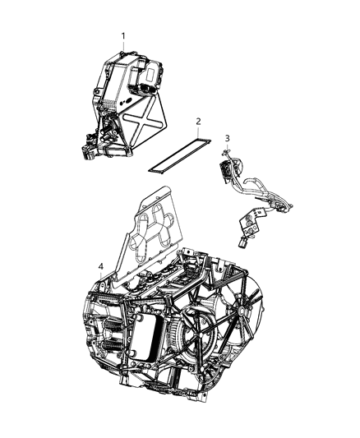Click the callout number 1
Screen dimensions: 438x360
pos(124,35)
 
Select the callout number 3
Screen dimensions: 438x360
pos(227,137)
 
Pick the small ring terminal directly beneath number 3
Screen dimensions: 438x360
pos(228,153)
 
